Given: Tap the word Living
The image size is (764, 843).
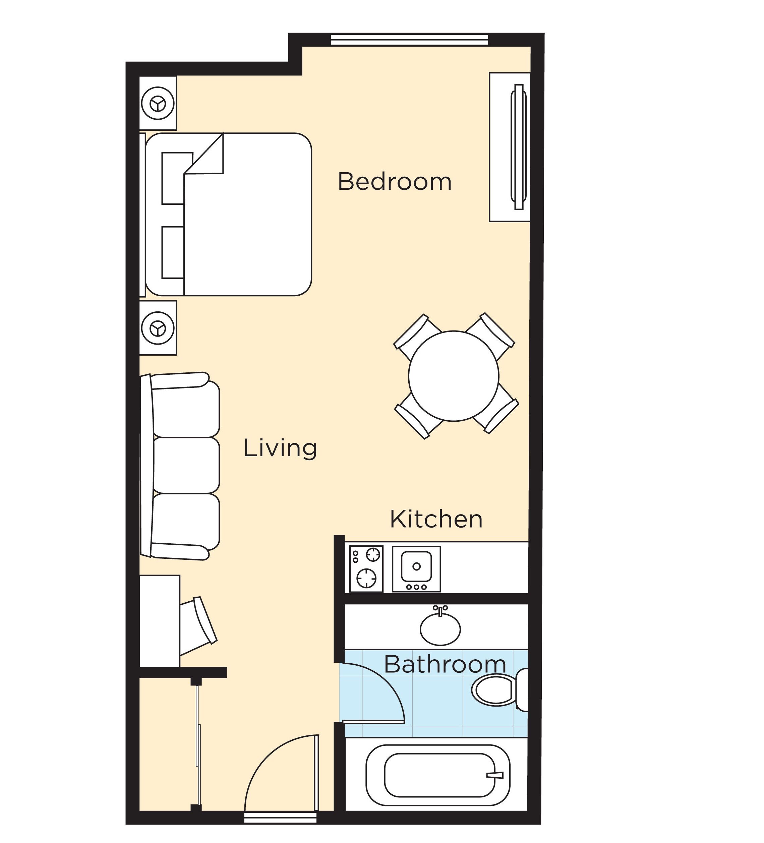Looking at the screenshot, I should pyautogui.click(x=280, y=448).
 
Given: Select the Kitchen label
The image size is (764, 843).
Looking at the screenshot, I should pyautogui.click(x=436, y=519).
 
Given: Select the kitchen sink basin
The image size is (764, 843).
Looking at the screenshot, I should pyautogui.click(x=416, y=566).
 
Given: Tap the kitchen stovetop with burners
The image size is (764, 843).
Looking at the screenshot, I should pyautogui.click(x=366, y=569).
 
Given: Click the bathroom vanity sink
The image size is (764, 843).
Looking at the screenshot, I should pyautogui.click(x=440, y=628).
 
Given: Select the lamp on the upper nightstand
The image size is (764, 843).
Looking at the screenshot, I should pyautogui.click(x=158, y=103).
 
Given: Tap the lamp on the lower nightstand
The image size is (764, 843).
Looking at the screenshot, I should pyautogui.click(x=158, y=327).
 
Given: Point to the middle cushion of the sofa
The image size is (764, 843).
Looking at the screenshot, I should pyautogui.click(x=186, y=465).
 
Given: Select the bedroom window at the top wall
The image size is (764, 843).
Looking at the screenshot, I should pyautogui.click(x=409, y=40).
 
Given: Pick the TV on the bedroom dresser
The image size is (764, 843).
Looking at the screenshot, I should pyautogui.click(x=519, y=147).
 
